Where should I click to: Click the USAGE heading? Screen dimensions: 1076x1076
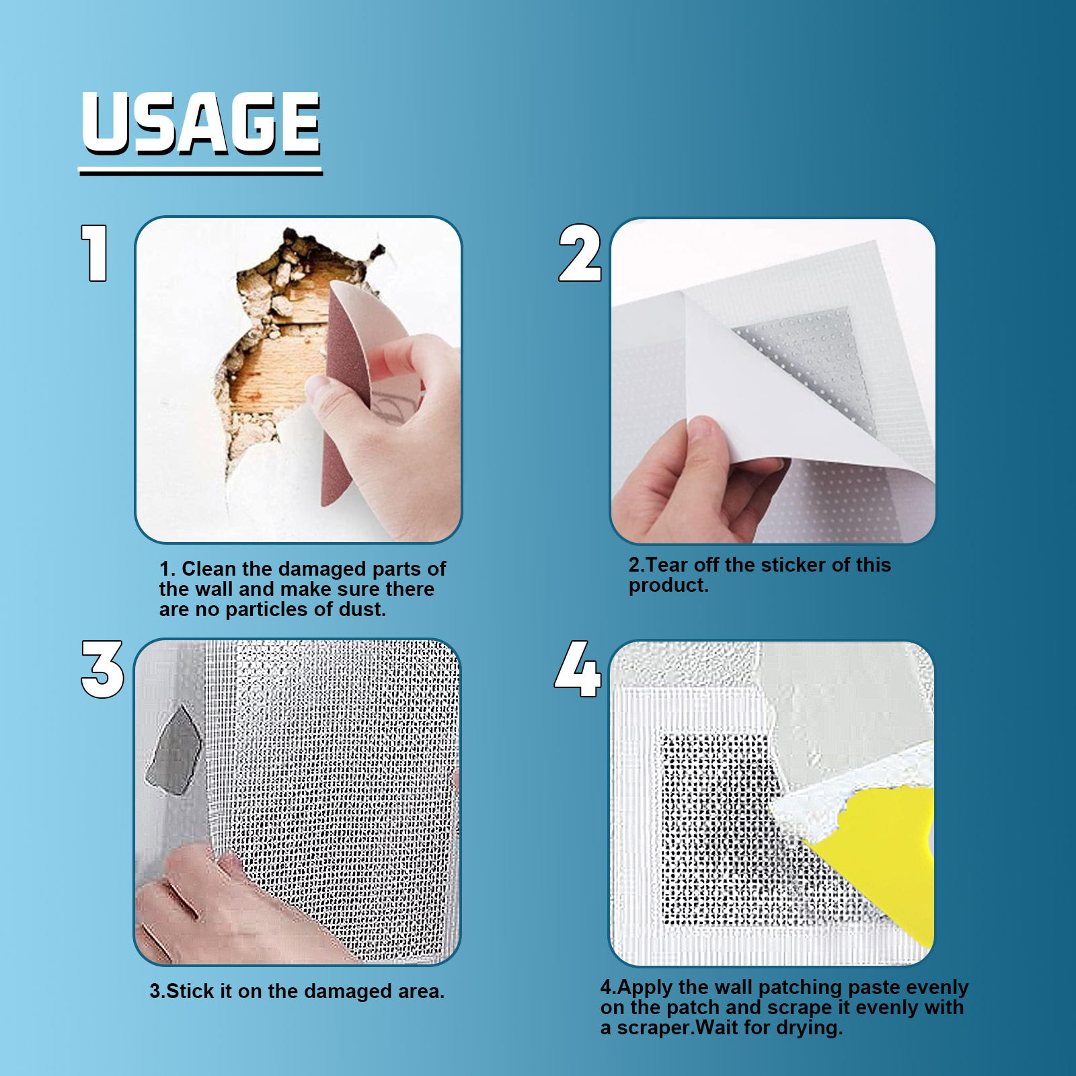coord(200,124)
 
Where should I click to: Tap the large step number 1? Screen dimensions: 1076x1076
coord(95,253)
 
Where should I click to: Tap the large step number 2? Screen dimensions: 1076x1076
coord(579,254)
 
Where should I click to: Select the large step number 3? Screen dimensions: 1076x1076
coord(102,669)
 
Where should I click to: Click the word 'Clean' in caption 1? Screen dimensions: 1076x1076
coord(209,569)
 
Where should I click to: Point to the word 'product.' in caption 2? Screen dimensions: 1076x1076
coord(668,586)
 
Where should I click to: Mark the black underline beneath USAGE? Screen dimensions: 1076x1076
coord(200,172)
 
